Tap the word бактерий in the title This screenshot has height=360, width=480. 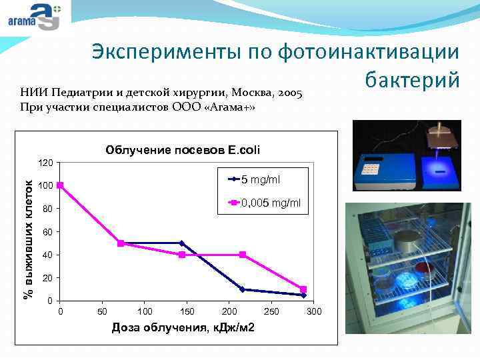(412, 79)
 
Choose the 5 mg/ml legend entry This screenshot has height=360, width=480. (261, 179)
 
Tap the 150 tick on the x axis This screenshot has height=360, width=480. (187, 312)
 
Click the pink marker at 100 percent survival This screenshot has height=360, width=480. (60, 185)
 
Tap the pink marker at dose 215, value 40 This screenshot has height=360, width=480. (243, 255)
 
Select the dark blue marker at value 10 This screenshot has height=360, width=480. (243, 289)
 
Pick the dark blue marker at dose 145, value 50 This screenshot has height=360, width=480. (181, 243)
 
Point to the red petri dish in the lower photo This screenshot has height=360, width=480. (424, 269)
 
